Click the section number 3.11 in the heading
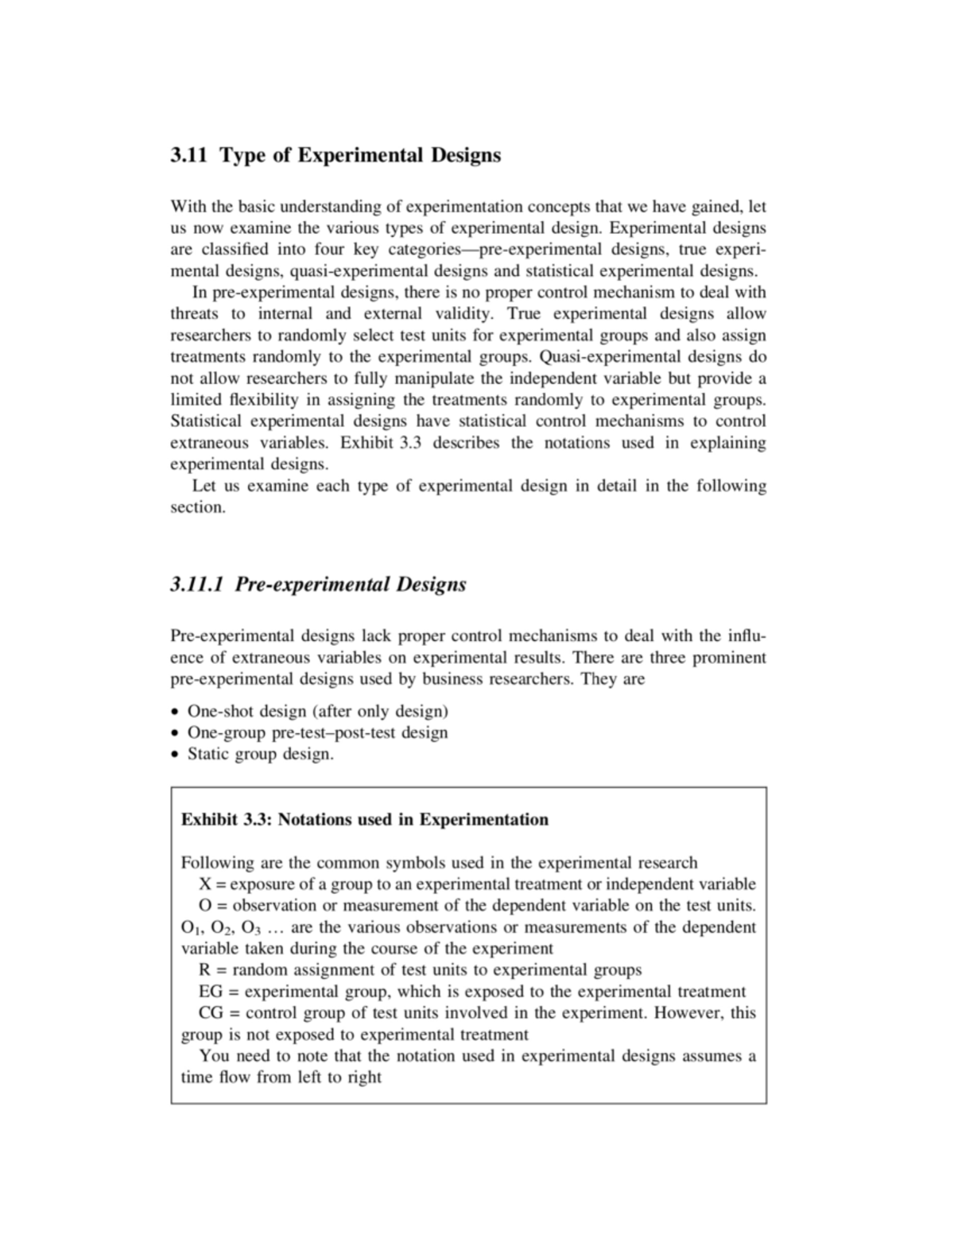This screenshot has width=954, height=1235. (189, 154)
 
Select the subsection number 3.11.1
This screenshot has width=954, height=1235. (199, 584)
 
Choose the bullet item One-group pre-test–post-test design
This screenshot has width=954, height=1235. (317, 732)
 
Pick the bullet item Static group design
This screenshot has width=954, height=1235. (260, 754)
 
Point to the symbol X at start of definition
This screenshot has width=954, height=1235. (205, 884)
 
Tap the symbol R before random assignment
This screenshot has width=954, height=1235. (204, 970)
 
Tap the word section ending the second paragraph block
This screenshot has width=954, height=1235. (198, 507)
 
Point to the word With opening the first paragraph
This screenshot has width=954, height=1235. (188, 207)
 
